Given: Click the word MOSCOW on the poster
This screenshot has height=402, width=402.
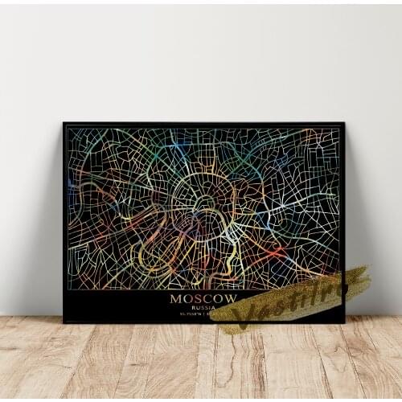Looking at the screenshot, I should coord(203,298).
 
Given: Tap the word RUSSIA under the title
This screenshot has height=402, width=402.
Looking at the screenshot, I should coord(203,307).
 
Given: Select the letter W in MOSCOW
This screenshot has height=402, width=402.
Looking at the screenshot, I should coord(231,298).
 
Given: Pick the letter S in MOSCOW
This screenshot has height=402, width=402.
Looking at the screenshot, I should coord(198,298).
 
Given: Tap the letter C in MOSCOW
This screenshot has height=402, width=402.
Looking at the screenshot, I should coord(207,298).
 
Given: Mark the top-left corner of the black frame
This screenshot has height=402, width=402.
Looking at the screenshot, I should coord(64,123).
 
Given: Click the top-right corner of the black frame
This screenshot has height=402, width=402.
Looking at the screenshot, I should coord(343,123).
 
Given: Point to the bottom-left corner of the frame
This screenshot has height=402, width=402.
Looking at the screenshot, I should coord(64,322).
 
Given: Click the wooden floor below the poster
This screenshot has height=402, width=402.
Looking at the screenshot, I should coord(201,362).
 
